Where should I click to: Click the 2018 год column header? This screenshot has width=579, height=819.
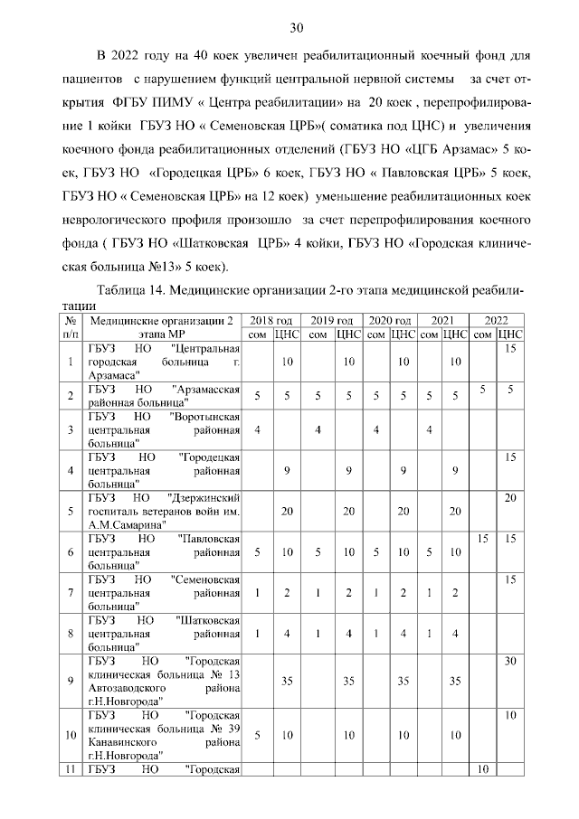click(x=271, y=321)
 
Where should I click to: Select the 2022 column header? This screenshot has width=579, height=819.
click(x=496, y=321)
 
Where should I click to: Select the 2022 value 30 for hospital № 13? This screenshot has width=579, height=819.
click(x=510, y=662)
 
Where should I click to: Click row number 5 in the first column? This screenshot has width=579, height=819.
click(x=71, y=511)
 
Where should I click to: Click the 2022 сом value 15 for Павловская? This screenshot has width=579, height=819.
click(x=483, y=539)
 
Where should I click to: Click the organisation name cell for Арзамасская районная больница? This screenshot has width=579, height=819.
click(x=164, y=395)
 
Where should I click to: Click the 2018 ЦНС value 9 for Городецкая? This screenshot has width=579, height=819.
click(x=287, y=470)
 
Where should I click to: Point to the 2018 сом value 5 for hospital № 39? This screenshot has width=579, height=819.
click(x=258, y=735)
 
